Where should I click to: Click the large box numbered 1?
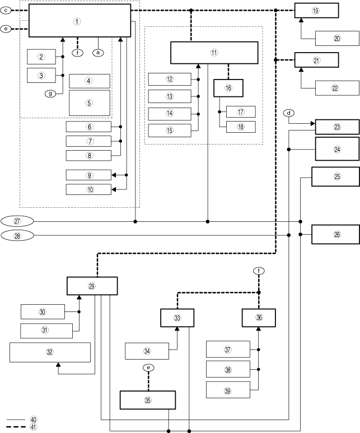pyautogui.click(x=80, y=20)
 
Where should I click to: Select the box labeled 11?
pyautogui.click(x=214, y=53)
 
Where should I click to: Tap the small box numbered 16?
pyautogui.click(x=228, y=88)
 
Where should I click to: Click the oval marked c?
pyautogui.click(x=5, y=10)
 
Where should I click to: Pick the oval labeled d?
pyautogui.click(x=289, y=113)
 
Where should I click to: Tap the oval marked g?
pyautogui.click(x=51, y=94)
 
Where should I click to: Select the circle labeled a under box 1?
pyautogui.click(x=99, y=52)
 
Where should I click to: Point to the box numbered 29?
pyautogui.click(x=92, y=286)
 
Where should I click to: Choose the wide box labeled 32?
pyautogui.click(x=50, y=352)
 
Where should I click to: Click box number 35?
pyautogui.click(x=148, y=400)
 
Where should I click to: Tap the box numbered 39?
pyautogui.click(x=228, y=389)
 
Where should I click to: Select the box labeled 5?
pyautogui.click(x=90, y=103)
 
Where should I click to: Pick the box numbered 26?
pyautogui.click(x=335, y=234)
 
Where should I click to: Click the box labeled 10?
pyautogui.click(x=88, y=189)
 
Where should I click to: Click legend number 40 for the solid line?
pyautogui.click(x=34, y=419)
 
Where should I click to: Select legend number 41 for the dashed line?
pyautogui.click(x=34, y=427)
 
